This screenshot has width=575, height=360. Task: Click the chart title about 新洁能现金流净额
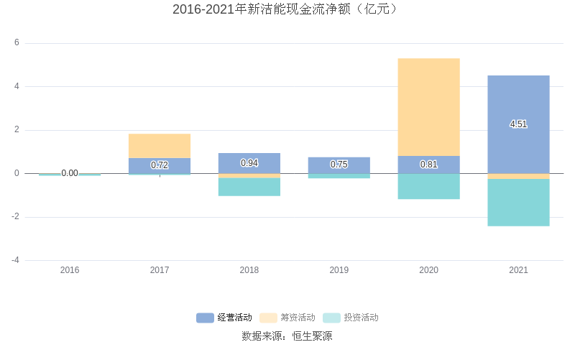(x=287, y=9)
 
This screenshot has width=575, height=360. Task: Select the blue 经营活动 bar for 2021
(x=518, y=101)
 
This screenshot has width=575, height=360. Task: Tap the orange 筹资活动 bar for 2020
(x=428, y=106)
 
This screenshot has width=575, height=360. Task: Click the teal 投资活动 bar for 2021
(x=518, y=203)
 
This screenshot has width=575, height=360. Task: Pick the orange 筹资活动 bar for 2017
(x=160, y=146)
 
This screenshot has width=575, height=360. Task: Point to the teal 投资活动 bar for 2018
(x=249, y=187)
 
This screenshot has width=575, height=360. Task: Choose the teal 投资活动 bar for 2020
(x=428, y=186)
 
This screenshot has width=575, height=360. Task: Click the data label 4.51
(x=518, y=124)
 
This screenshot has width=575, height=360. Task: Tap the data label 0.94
(x=249, y=163)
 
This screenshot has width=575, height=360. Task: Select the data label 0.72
(x=160, y=165)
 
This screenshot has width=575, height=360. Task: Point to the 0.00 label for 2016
(x=70, y=173)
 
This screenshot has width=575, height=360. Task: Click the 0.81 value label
(x=428, y=165)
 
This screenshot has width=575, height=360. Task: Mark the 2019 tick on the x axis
(x=339, y=270)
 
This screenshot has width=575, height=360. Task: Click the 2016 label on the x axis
(x=70, y=270)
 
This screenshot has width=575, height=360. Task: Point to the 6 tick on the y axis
(x=17, y=43)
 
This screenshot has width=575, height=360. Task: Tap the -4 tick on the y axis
(x=15, y=260)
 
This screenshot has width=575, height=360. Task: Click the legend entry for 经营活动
(x=224, y=318)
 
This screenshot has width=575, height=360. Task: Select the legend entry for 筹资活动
(x=287, y=318)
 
